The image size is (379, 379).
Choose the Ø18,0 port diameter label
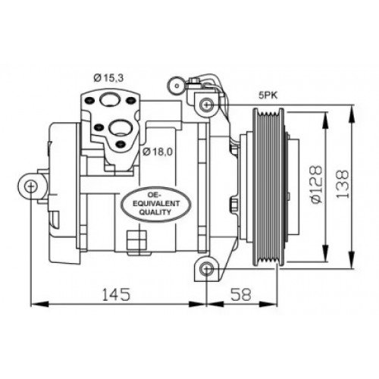pyautogui.click(x=157, y=150)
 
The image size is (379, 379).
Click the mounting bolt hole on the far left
pyautogui.click(x=30, y=186)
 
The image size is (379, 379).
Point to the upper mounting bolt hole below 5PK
pyautogui.click(x=205, y=104)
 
